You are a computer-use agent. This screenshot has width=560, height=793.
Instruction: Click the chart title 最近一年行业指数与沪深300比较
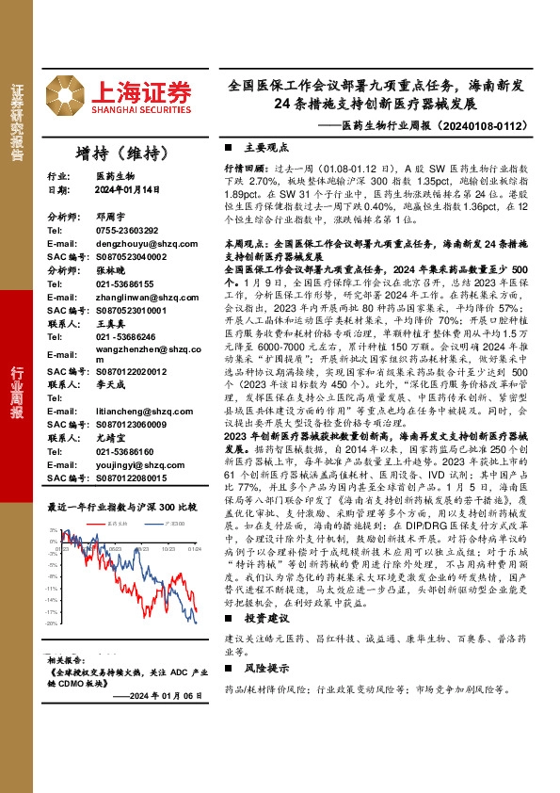tap(121, 507)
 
